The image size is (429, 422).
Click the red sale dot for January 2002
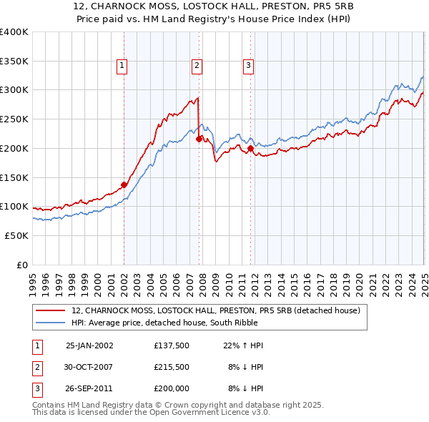tap(124, 185)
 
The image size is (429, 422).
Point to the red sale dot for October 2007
tap(199, 139)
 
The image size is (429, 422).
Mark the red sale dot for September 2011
tap(251, 148)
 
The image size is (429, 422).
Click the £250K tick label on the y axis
tap(14, 119)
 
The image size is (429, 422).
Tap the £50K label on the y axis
tap(16, 235)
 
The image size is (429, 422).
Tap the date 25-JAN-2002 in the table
tap(89, 345)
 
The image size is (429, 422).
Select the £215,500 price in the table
tap(171, 367)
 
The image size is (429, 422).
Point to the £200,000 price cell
tap(171, 388)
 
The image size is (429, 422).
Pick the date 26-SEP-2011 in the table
tap(89, 388)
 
